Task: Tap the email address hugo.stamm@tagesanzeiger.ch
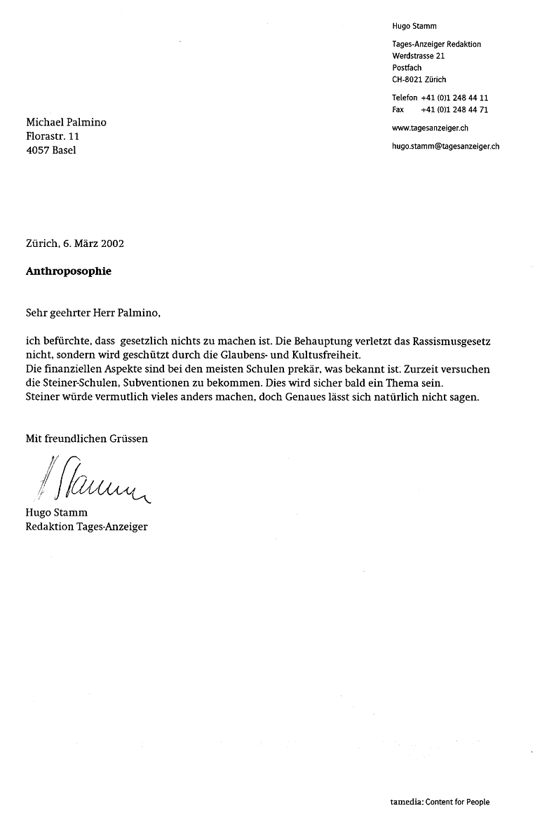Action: click(445, 147)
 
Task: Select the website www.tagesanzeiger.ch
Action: click(430, 128)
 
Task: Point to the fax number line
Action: click(440, 110)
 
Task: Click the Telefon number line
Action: click(440, 98)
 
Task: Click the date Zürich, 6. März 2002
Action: click(74, 244)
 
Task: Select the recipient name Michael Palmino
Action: click(66, 123)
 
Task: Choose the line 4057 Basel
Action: click(51, 150)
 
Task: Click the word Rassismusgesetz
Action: click(451, 340)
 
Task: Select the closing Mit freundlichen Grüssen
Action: click(87, 439)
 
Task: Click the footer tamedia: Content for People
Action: click(440, 802)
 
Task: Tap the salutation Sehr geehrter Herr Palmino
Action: click(98, 312)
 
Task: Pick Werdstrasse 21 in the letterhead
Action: click(419, 56)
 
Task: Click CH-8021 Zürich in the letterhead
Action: click(419, 80)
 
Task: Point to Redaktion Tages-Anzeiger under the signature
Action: click(86, 527)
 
